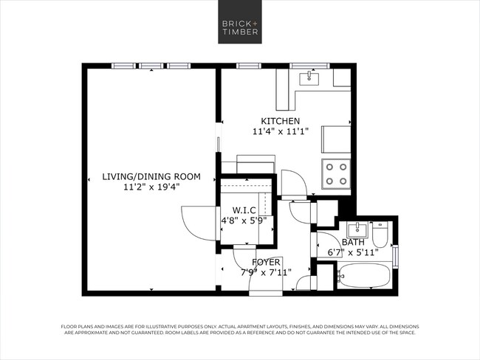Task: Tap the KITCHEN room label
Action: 280,121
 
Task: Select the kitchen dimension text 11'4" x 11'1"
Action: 280,132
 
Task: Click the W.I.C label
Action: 244,210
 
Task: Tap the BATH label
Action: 353,242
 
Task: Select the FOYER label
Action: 266,262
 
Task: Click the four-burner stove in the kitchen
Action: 336,174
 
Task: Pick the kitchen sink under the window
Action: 309,77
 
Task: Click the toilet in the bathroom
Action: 381,235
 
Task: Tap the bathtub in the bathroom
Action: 363,278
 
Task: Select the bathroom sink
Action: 355,229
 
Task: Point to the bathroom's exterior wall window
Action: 397,256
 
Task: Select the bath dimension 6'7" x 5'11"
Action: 353,252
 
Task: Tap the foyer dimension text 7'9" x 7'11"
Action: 266,272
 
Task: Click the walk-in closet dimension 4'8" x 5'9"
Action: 244,220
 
